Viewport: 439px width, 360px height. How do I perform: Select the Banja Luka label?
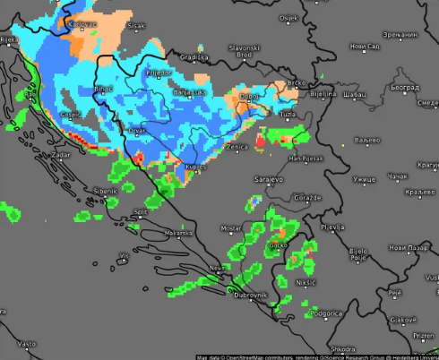pos(189,92)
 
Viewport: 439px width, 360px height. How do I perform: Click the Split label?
pos(140,212)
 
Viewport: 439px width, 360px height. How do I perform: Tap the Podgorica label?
pos(325,314)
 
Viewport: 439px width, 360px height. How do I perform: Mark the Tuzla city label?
pos(288,115)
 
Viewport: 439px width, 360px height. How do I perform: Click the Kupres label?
pos(196,167)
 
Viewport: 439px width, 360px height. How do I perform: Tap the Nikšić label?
pos(306,282)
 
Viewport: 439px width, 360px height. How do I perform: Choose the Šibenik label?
pos(106,191)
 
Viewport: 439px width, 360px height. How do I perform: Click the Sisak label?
pos(136,26)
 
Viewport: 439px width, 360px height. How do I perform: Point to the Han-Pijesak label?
pos(306,158)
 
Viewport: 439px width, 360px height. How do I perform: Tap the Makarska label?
pos(178,234)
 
